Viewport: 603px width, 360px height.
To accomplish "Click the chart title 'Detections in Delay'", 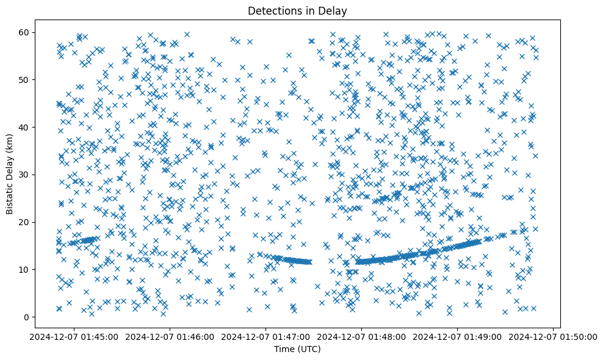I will (x=297, y=10).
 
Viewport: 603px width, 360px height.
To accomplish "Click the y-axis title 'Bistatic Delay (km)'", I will (x=10, y=174).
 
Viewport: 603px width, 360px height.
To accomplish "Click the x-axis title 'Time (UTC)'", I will (x=297, y=349).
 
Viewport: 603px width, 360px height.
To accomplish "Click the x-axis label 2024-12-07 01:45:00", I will (x=74, y=337).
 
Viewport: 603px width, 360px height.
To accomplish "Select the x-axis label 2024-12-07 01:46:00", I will (x=170, y=337).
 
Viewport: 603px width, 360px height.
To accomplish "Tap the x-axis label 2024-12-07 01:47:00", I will (x=266, y=337).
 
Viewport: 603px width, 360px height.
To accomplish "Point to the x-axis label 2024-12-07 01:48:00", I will (x=362, y=337).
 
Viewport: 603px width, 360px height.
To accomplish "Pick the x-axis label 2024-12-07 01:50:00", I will (x=553, y=337).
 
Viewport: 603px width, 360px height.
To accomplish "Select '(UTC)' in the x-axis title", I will (x=309, y=349).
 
